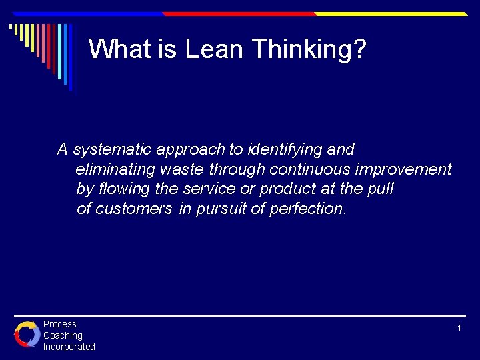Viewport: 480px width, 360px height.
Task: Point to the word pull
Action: pyautogui.click(x=380, y=189)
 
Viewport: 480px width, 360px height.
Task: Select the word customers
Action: pyautogui.click(x=133, y=209)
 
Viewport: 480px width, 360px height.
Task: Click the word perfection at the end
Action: pyautogui.click(x=307, y=209)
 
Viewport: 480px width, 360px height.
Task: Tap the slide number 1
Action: pyautogui.click(x=459, y=328)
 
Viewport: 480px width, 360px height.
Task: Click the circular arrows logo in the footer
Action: pyautogui.click(x=27, y=334)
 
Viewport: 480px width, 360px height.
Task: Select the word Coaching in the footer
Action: pyautogui.click(x=63, y=335)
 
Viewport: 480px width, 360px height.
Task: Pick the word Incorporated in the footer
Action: pyautogui.click(x=69, y=347)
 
